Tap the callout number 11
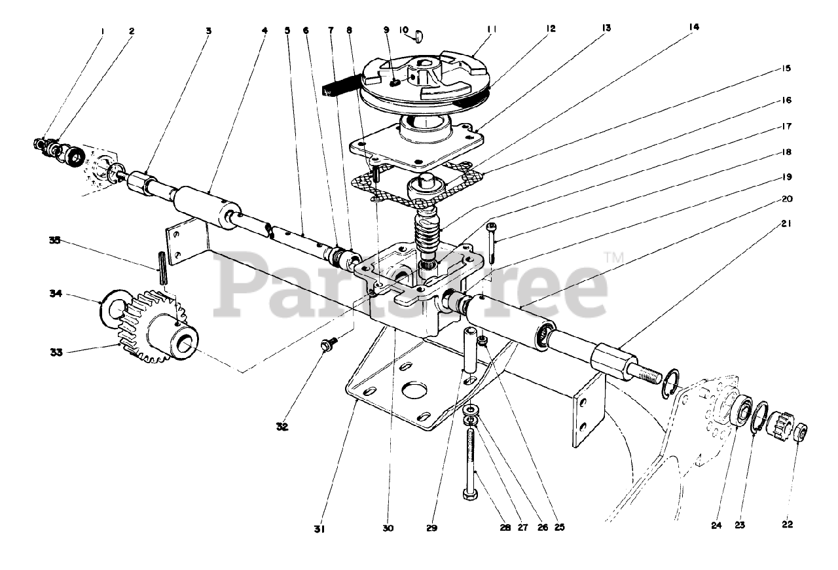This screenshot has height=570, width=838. tap(493, 29)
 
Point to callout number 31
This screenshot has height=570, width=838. tap(319, 527)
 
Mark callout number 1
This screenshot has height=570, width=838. tap(102, 30)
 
